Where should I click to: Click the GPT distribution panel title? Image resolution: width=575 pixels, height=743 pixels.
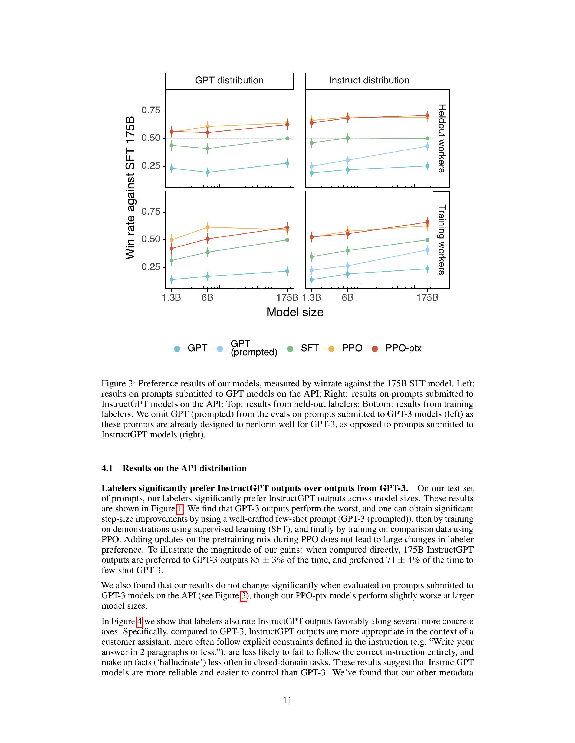click(x=229, y=81)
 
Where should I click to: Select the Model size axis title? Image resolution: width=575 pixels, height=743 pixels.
click(x=295, y=312)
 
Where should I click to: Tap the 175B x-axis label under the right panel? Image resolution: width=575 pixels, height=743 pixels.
click(x=428, y=298)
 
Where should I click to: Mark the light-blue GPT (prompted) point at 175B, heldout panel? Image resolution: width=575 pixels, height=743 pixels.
click(x=428, y=146)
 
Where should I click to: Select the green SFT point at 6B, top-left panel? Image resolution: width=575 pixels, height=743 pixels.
click(x=208, y=148)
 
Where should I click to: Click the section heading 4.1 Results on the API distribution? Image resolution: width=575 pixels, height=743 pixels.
click(x=174, y=468)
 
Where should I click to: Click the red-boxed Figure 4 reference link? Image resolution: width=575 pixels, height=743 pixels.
click(x=139, y=621)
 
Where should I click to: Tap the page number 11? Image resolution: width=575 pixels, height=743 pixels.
click(x=287, y=701)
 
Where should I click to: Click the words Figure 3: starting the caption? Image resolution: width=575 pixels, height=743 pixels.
click(x=118, y=384)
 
